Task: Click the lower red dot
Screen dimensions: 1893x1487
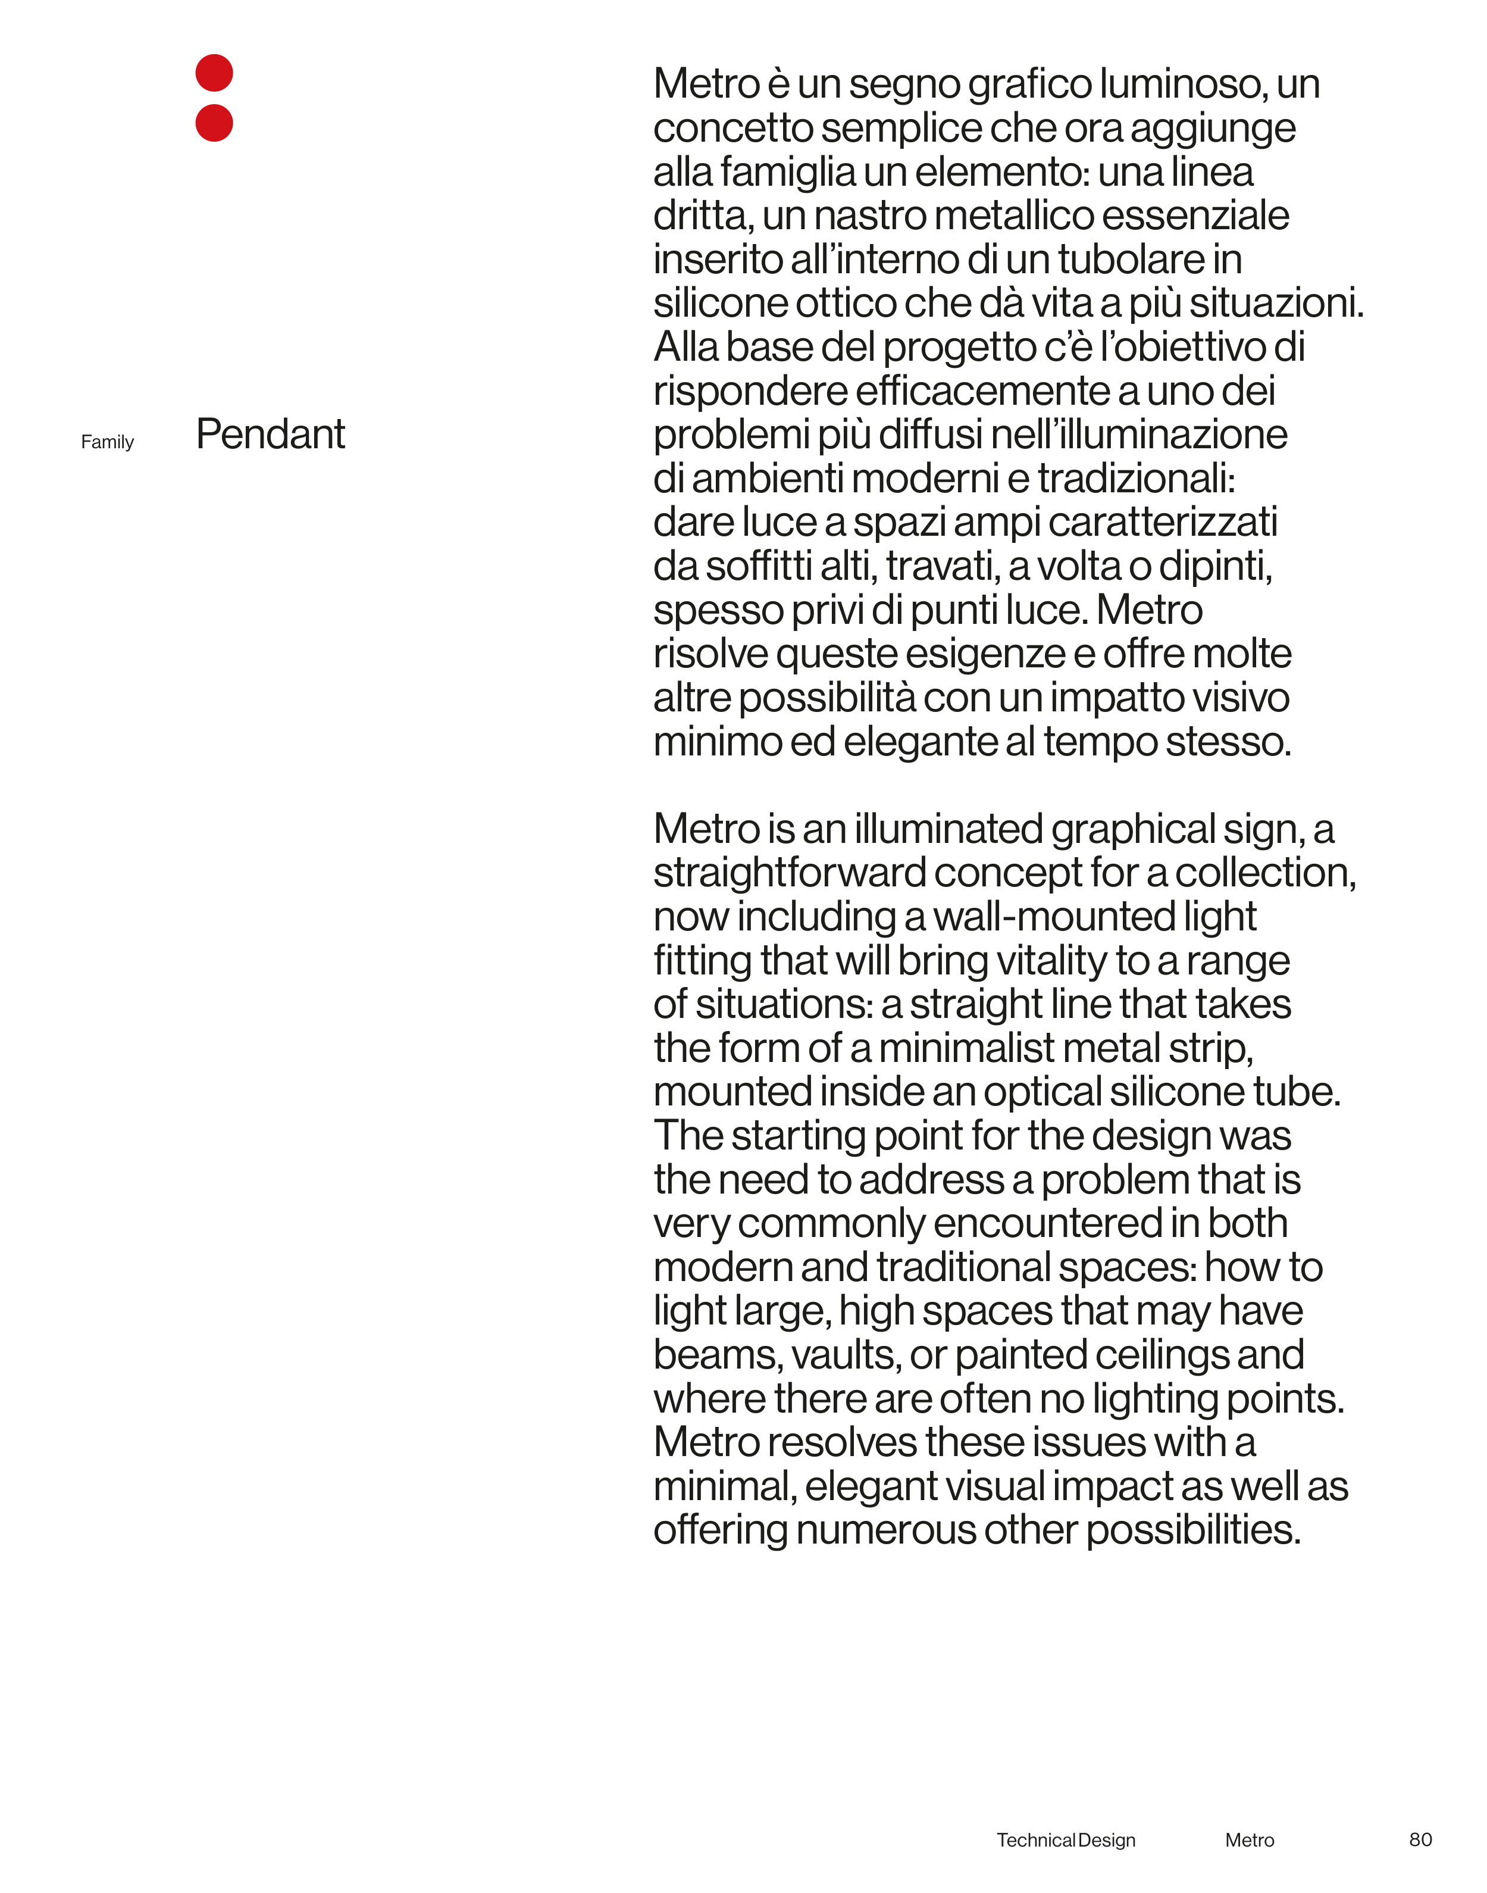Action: point(214,123)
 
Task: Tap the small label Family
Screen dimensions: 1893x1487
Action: point(107,442)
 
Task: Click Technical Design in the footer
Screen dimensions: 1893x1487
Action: point(1066,1840)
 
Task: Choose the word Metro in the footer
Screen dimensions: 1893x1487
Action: point(1250,1840)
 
